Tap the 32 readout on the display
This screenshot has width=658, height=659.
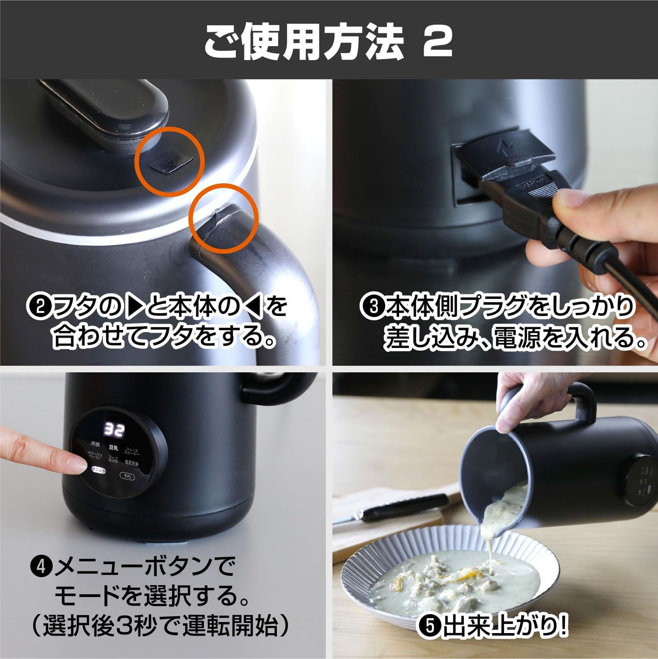click(114, 430)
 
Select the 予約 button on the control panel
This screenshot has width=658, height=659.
click(127, 476)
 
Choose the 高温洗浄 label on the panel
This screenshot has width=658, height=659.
click(132, 463)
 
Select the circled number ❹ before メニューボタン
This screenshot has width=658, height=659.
click(42, 568)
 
